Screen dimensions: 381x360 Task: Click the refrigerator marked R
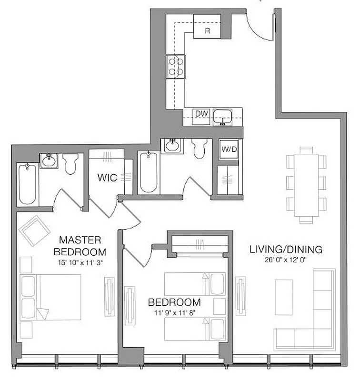(207, 30)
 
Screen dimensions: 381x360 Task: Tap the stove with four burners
(176, 66)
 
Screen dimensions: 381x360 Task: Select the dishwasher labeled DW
(200, 114)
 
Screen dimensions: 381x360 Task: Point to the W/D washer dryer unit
(227, 148)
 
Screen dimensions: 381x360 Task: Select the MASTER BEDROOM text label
(80, 245)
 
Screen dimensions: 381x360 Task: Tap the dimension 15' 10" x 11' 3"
(80, 261)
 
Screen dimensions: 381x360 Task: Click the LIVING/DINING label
(286, 249)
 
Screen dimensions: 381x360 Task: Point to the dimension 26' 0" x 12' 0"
(286, 260)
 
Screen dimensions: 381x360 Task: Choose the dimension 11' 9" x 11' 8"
(174, 313)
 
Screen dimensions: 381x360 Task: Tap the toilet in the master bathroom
(70, 164)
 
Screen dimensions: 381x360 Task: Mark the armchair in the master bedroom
(34, 230)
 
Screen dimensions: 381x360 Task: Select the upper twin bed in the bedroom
(195, 283)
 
